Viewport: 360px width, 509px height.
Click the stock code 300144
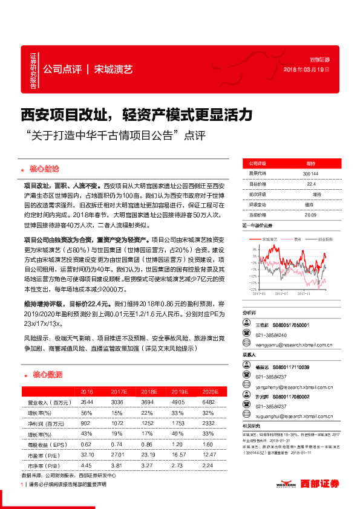[311, 173]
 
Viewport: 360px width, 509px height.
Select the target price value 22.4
[311, 183]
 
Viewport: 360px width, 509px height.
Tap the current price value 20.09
[311, 214]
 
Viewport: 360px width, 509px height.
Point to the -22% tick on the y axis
[254, 289]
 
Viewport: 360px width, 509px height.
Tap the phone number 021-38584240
[272, 336]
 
